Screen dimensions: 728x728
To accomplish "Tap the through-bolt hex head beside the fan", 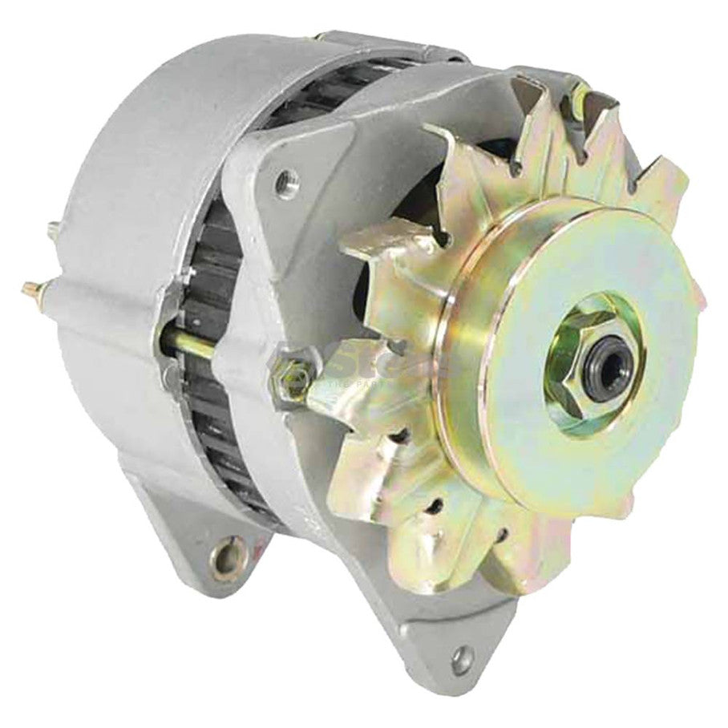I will pos(286,373).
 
